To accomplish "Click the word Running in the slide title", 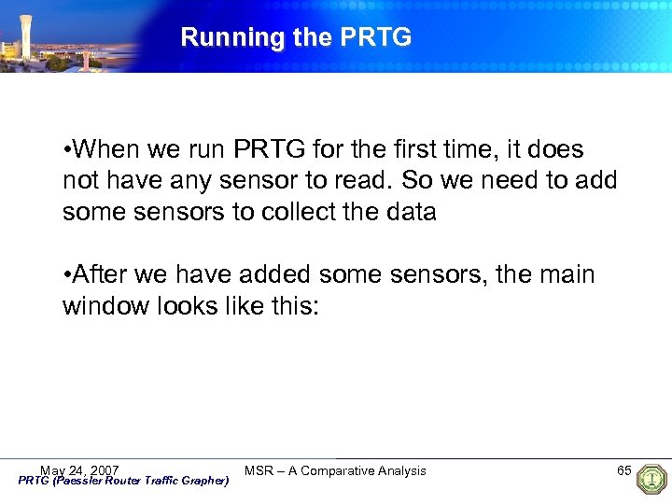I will pyautogui.click(x=220, y=37).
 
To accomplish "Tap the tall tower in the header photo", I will pyautogui.click(x=25, y=34).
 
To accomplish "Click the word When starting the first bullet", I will pyautogui.click(x=105, y=150).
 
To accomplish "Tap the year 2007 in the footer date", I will pyautogui.click(x=103, y=469).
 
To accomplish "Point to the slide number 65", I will pyautogui.click(x=624, y=469).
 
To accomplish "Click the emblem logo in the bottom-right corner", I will pyautogui.click(x=651, y=479).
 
